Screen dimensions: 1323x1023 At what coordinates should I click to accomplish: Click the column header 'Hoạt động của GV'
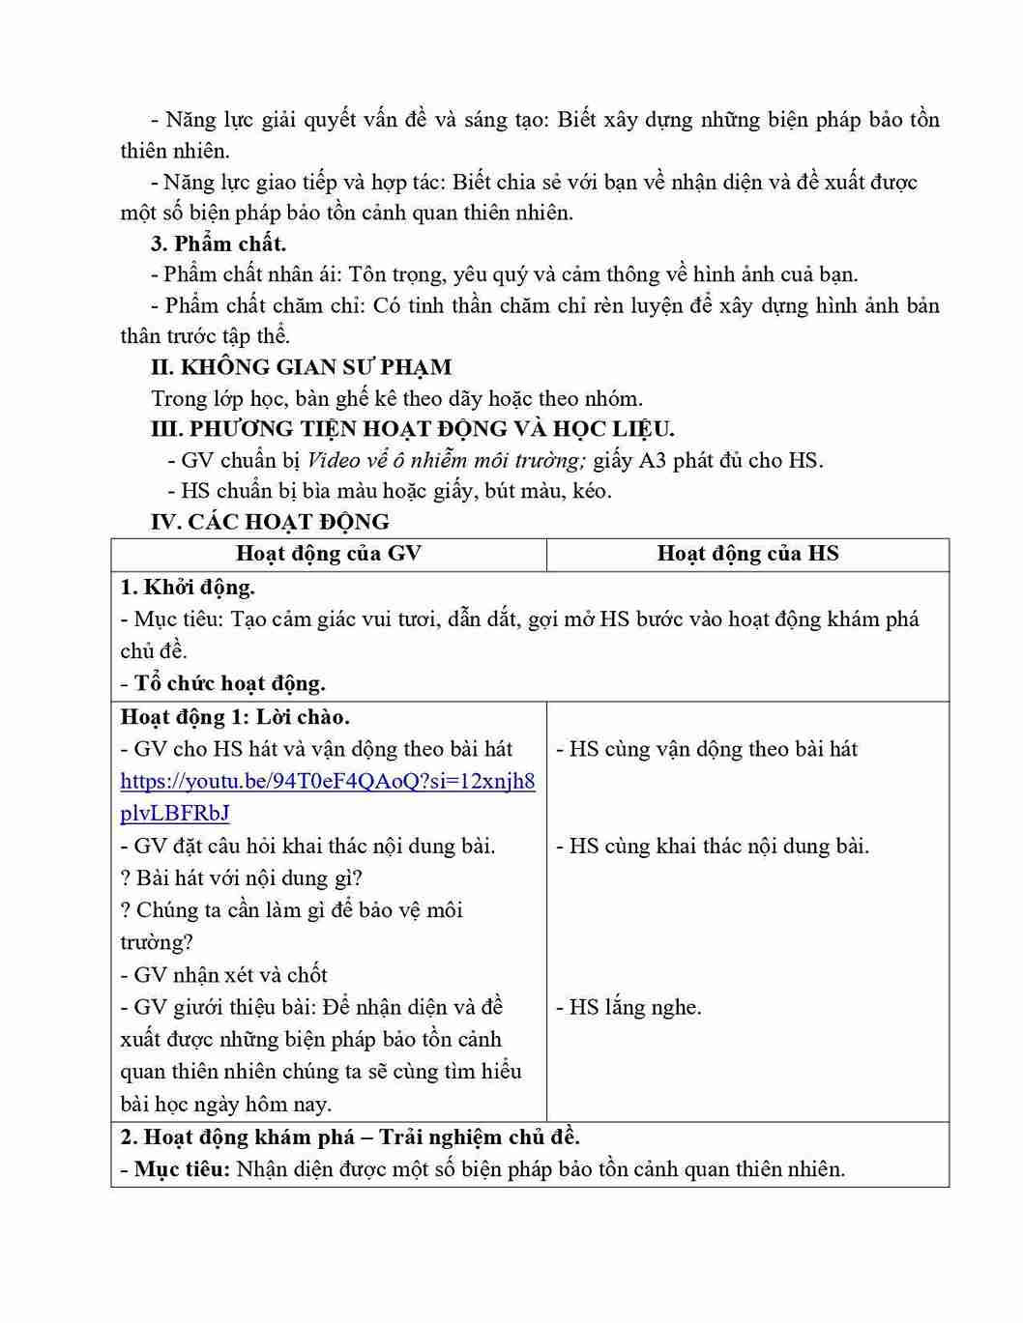tap(329, 554)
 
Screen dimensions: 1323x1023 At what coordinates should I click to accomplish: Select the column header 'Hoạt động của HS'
tap(747, 554)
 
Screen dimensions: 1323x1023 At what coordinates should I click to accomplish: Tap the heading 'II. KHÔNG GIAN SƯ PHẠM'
tap(301, 367)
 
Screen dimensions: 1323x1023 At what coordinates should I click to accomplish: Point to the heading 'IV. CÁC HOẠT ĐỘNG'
tap(270, 522)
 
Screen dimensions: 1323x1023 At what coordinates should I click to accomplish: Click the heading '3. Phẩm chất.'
tap(219, 244)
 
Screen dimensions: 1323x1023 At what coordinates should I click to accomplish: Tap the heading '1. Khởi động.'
tap(188, 588)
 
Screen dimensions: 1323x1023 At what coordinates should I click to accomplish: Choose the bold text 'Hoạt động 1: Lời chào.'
tap(235, 717)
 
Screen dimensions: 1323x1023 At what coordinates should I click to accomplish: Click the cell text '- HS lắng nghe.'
tap(628, 1007)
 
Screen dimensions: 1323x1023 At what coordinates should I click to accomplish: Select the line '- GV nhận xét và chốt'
tap(223, 975)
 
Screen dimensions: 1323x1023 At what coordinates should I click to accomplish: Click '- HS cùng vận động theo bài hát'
tap(707, 749)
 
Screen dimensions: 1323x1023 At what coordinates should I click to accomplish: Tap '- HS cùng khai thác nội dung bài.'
tap(713, 847)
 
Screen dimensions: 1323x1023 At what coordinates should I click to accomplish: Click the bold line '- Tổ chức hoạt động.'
tap(222, 684)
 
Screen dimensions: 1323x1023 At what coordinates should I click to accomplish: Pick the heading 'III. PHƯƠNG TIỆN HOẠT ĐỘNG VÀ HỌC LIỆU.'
tap(413, 429)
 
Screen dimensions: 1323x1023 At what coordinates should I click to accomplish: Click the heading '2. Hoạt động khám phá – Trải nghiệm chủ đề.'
tap(349, 1137)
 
